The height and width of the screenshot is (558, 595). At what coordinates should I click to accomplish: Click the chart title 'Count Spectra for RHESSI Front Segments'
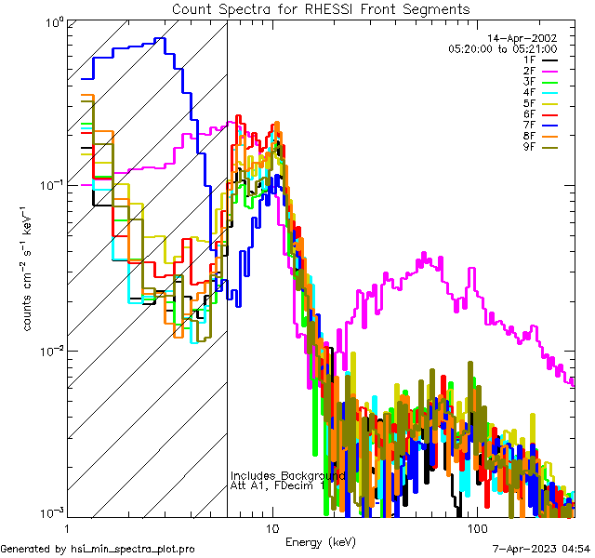coord(321,9)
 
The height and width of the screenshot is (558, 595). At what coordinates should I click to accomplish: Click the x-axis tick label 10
coord(272,528)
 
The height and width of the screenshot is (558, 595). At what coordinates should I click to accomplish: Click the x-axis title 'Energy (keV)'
coord(320,541)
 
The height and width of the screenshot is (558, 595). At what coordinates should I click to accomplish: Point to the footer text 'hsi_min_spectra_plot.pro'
coord(133,549)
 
